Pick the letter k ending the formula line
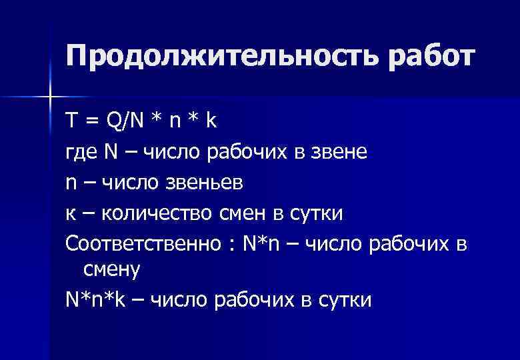211,121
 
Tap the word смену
111,270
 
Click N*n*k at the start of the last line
93,300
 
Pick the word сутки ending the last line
347,301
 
